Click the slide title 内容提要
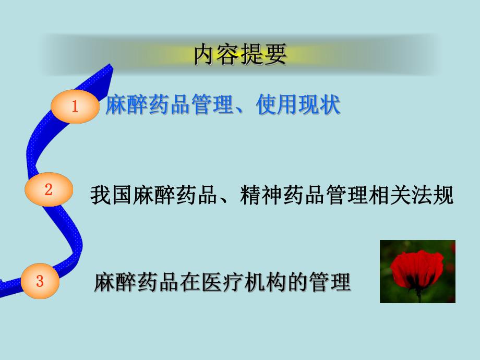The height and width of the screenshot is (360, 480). [240, 55]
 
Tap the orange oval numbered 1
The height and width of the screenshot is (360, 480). [75, 107]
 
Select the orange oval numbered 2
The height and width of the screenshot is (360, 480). [49, 189]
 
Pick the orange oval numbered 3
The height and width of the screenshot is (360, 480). [40, 281]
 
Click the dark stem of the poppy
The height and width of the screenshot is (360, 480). [418, 295]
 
